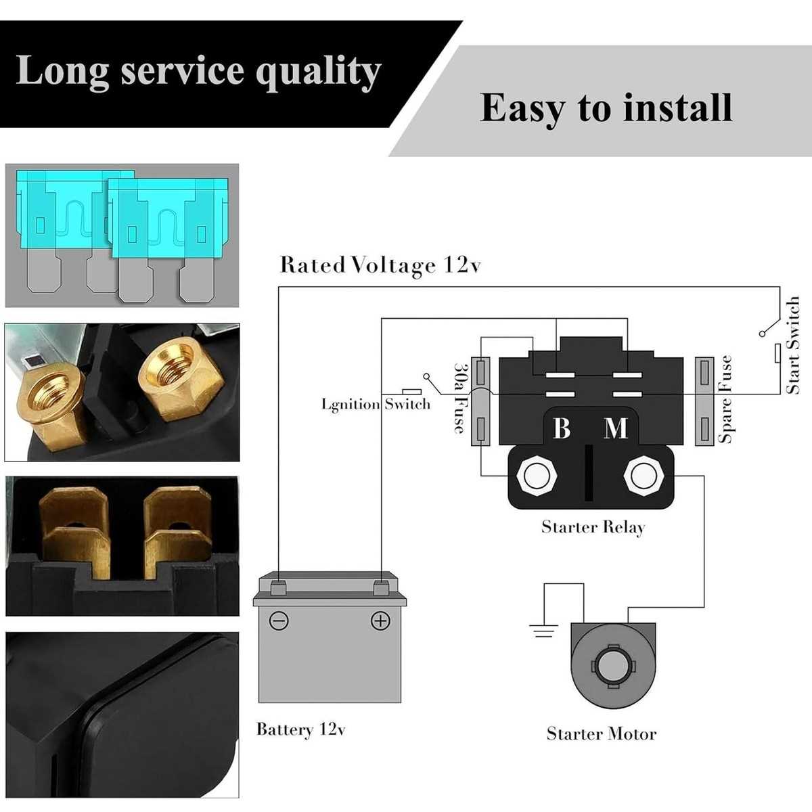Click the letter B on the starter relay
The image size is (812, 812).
click(x=562, y=428)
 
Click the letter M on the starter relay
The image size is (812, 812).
click(x=616, y=428)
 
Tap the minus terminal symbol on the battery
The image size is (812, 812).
click(x=279, y=621)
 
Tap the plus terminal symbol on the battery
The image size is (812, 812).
click(x=380, y=621)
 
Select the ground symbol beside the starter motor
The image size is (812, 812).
click(x=543, y=631)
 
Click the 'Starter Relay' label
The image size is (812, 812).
click(x=593, y=528)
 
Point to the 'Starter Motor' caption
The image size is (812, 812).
click(x=602, y=734)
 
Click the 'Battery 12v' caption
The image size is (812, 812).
click(x=301, y=729)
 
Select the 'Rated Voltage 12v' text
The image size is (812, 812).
click(x=380, y=265)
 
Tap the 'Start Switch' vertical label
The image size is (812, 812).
click(x=792, y=345)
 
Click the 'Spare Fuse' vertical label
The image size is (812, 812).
click(x=725, y=399)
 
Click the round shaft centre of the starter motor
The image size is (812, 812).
click(x=613, y=667)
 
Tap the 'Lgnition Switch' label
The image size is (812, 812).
click(x=376, y=404)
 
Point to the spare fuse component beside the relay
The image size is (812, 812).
click(x=704, y=401)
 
